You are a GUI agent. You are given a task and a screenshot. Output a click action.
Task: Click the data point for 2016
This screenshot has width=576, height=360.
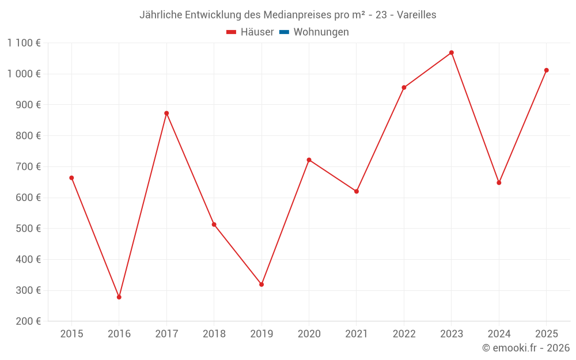click(119, 297)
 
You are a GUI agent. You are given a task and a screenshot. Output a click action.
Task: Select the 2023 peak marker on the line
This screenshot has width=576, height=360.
click(452, 52)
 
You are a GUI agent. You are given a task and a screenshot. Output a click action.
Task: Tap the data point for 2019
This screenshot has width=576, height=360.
click(262, 285)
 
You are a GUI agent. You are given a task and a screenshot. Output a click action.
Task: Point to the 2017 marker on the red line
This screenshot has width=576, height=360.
click(166, 113)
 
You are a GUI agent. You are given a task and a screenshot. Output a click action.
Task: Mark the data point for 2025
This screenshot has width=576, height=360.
click(547, 70)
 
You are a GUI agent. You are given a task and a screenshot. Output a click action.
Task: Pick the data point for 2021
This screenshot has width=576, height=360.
click(357, 191)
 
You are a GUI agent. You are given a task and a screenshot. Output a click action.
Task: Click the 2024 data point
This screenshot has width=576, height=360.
click(499, 183)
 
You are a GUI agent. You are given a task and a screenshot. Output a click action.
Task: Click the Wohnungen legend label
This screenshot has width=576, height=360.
click(321, 32)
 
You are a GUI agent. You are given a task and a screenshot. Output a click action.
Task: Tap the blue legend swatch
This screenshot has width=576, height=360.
click(284, 32)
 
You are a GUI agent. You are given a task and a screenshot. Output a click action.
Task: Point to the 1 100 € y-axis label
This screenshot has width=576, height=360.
click(24, 43)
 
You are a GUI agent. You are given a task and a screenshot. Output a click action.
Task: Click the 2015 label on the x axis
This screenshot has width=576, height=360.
click(71, 334)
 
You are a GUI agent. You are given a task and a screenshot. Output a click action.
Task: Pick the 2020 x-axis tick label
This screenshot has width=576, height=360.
click(309, 334)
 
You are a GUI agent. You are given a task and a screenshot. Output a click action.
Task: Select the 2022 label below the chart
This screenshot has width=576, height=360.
click(404, 334)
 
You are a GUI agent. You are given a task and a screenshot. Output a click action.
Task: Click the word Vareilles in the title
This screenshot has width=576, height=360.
click(416, 15)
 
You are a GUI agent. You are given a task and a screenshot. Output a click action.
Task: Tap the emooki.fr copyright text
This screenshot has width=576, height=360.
click(526, 348)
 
